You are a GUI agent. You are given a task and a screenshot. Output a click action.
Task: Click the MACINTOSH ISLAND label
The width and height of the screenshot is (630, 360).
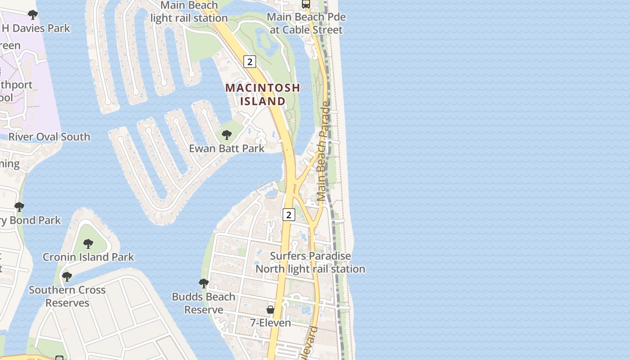point(262,94)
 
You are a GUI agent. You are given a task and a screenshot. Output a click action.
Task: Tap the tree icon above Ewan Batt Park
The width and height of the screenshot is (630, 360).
point(227,134)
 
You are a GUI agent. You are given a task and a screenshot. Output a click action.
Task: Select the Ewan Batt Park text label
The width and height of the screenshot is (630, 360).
point(227,148)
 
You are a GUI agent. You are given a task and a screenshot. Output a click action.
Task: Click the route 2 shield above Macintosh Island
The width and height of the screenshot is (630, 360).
point(249,62)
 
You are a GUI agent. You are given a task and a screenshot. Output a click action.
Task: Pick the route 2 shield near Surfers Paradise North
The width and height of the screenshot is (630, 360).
point(288,215)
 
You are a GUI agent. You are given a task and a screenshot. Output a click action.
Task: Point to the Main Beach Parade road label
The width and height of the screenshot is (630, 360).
point(324,151)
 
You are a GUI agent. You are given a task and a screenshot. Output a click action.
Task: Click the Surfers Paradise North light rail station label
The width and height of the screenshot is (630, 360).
point(310,262)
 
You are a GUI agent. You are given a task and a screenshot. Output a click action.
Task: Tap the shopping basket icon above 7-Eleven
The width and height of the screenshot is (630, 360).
point(270,310)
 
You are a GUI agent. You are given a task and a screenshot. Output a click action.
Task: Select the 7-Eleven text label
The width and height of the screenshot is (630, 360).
point(270,323)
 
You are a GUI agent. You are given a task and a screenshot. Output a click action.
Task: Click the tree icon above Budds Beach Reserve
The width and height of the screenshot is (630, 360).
point(204,283)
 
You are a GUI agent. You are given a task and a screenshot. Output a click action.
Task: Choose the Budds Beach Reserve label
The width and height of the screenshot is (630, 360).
point(204,303)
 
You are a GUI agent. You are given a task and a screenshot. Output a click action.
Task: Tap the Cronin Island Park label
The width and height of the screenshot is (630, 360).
point(88,257)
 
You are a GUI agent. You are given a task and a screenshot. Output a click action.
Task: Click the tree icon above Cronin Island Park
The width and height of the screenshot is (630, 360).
point(88,243)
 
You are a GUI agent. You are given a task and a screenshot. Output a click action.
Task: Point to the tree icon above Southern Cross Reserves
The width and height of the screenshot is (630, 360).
point(67,276)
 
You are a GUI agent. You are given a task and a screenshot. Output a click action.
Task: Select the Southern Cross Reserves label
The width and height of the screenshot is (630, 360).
point(67,296)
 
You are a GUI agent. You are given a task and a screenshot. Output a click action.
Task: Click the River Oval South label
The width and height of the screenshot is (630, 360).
point(49,137)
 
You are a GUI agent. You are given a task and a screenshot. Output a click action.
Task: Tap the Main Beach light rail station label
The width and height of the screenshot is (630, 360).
point(189,12)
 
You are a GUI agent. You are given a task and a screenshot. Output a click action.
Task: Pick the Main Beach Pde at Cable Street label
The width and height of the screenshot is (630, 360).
point(306,23)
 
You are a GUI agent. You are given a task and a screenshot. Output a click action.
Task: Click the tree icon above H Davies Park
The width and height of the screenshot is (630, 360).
point(32,15)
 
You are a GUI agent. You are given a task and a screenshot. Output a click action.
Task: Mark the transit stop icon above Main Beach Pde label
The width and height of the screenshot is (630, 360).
point(306,4)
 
